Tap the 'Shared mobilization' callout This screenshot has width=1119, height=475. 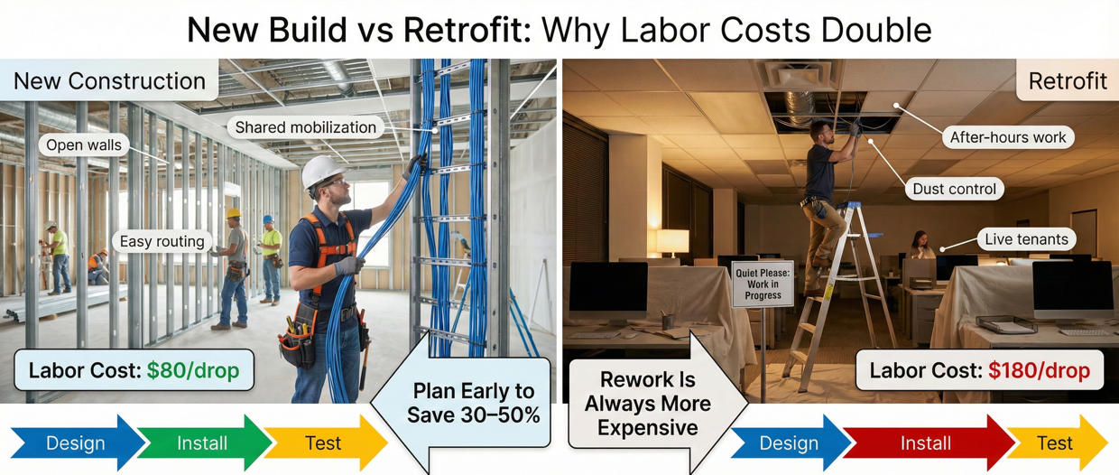coord(305,127)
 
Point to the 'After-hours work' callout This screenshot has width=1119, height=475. coord(1008,137)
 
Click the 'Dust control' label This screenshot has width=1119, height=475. coord(954,189)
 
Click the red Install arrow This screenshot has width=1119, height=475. coord(925,443)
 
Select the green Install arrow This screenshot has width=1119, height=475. coord(202,443)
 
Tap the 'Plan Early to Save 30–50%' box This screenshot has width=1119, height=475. coord(473,403)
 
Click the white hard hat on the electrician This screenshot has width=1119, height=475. coord(321,171)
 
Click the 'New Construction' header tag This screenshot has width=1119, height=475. coord(109,81)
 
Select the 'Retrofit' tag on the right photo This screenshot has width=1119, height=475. coord(1068,81)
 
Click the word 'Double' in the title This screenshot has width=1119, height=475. coord(870,31)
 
